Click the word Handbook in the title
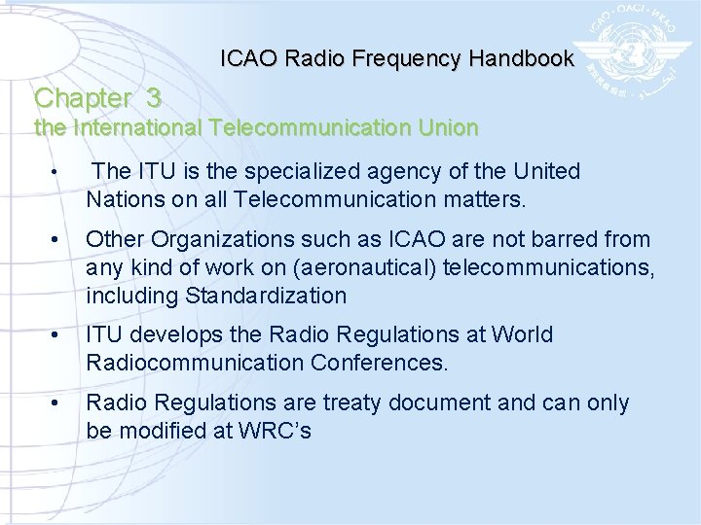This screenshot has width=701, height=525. click(x=521, y=59)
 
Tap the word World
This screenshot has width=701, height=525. click(x=519, y=335)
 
